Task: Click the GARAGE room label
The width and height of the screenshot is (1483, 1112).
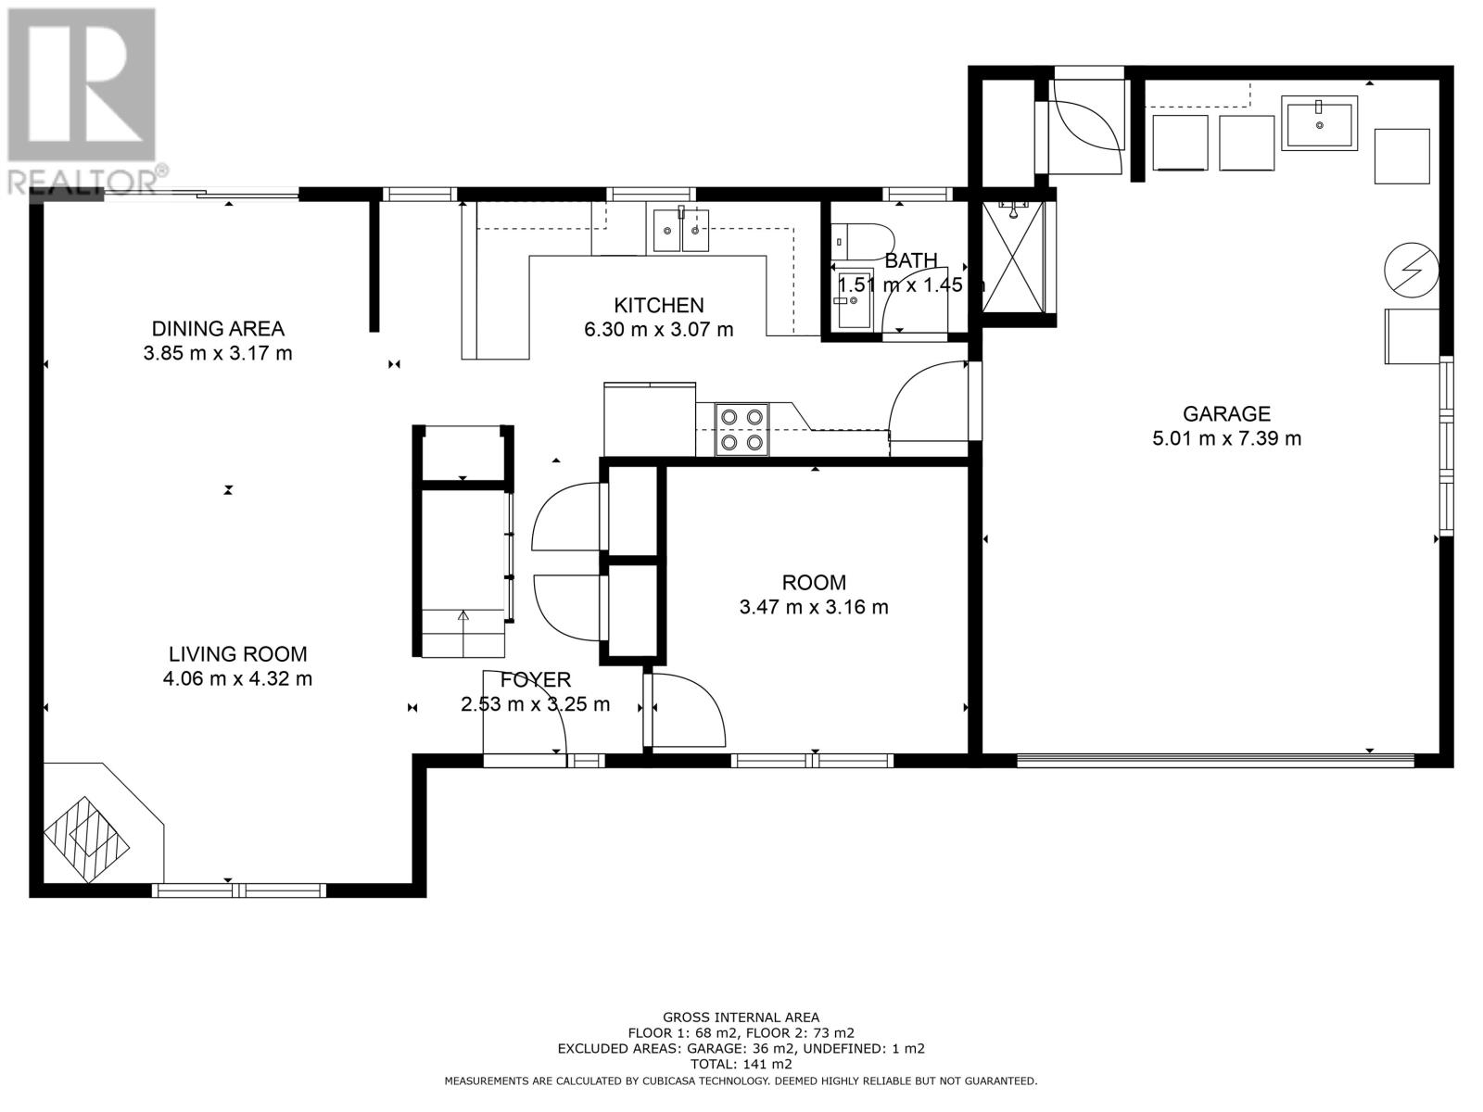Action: click(x=1225, y=413)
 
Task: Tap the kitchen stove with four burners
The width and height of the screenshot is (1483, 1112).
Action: click(x=741, y=429)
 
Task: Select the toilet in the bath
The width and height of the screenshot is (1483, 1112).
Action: click(x=861, y=239)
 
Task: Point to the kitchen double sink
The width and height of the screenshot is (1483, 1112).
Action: click(x=681, y=230)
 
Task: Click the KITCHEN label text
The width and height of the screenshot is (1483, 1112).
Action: click(x=658, y=305)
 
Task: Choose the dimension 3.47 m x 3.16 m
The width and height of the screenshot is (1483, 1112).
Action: click(x=814, y=607)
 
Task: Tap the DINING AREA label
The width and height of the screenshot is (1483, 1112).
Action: click(x=218, y=329)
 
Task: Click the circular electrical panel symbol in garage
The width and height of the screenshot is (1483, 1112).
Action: click(x=1411, y=270)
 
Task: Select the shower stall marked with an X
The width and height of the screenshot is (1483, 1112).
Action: click(x=1013, y=257)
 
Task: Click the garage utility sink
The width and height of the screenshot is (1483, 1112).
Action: click(x=1319, y=123)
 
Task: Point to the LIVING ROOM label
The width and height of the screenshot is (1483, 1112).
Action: click(x=238, y=653)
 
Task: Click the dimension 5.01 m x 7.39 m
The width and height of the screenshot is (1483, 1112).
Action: click(x=1226, y=438)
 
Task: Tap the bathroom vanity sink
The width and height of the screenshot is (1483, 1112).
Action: click(x=854, y=299)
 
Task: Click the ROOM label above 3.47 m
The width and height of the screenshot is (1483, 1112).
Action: click(x=814, y=582)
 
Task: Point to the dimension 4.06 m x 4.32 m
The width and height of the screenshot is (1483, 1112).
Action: click(x=238, y=678)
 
